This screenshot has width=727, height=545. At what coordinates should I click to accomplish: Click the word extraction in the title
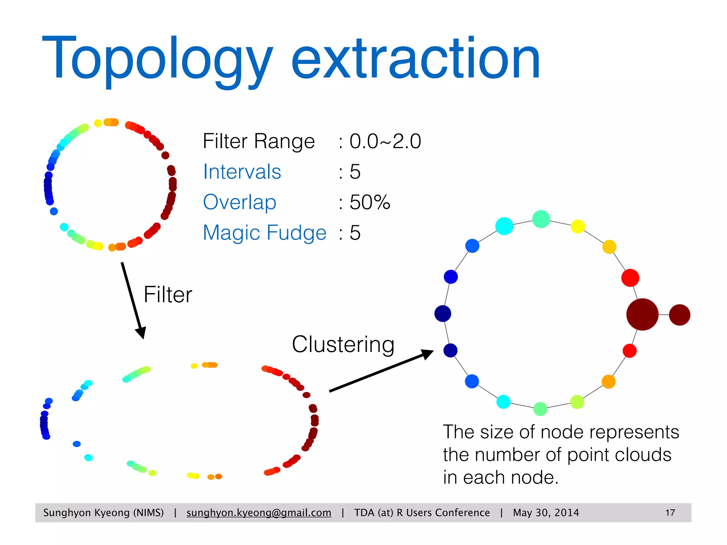pos(415,59)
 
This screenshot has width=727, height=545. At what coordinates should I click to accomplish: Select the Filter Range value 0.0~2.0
pos(385,141)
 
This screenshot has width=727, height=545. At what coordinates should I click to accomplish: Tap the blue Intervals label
pos(242,172)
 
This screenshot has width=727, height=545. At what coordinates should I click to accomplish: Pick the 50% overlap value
pos(370,202)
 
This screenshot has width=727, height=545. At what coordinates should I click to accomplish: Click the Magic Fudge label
pos(264,233)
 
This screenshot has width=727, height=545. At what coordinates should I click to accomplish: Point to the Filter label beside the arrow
pos(168,294)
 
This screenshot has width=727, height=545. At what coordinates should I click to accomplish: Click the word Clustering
pos(343,344)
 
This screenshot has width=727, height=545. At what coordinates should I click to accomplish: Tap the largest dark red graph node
pos(642,314)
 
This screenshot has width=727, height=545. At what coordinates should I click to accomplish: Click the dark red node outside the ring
pos(679,315)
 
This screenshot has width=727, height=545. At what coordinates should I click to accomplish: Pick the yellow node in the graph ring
pos(578,226)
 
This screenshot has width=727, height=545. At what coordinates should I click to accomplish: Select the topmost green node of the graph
pos(541,219)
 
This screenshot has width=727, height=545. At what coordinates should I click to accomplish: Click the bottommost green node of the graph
pos(540,409)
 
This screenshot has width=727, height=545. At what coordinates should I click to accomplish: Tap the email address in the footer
pos(259,513)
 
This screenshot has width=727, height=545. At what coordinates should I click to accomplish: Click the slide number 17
pos(670,513)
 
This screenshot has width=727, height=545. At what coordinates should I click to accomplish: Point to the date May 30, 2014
pos(546,513)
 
